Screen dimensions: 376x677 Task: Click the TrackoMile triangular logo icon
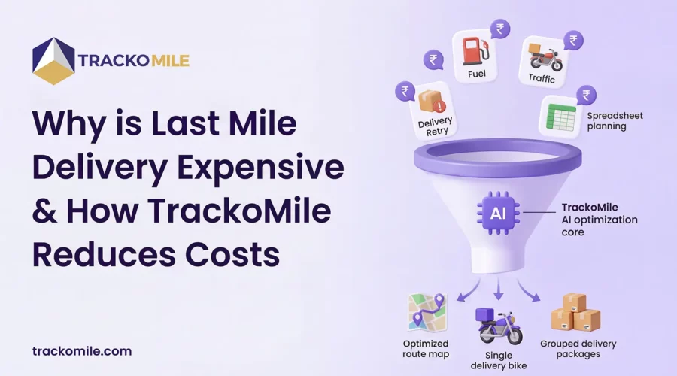coord(53,61)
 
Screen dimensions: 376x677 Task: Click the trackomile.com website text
coord(82,350)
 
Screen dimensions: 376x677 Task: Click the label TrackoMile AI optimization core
coord(599,220)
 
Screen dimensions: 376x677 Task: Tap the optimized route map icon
coord(427,313)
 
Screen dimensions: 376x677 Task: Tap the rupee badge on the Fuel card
coord(499,30)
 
